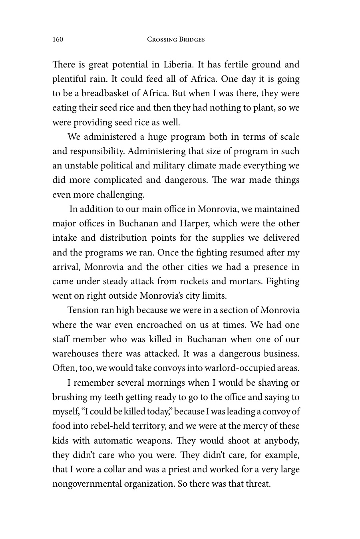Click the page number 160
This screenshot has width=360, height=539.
[58, 39]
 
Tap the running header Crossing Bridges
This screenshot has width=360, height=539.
[176, 39]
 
